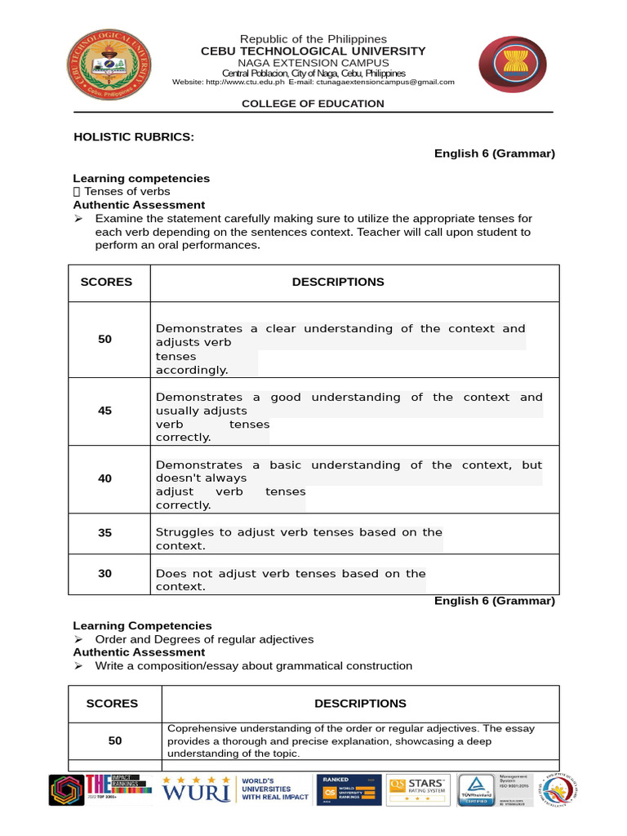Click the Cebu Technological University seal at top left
[x=108, y=69]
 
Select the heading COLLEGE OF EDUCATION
[x=313, y=104]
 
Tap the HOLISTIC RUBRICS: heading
[x=134, y=136]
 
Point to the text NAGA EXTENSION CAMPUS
[x=313, y=63]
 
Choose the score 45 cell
[x=105, y=411]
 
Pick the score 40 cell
[x=105, y=478]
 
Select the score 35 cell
[x=105, y=532]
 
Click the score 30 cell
[x=105, y=573]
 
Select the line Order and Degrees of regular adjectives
[x=204, y=639]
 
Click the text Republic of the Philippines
[x=313, y=39]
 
